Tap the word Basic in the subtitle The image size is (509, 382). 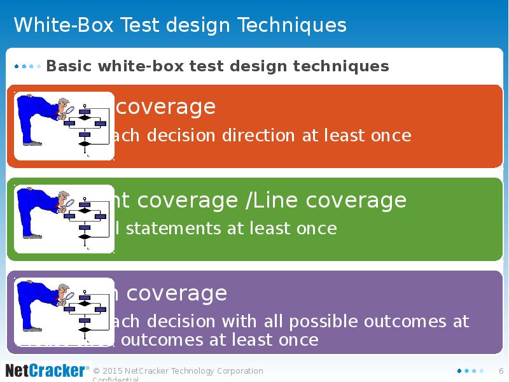tap(69, 66)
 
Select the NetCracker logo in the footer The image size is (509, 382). tap(46, 370)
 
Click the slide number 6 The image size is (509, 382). tap(501, 371)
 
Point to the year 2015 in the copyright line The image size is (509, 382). tap(113, 371)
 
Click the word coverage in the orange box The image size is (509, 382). tap(165, 106)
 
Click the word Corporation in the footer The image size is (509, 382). tap(236, 371)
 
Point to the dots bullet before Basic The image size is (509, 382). tap(27, 66)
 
